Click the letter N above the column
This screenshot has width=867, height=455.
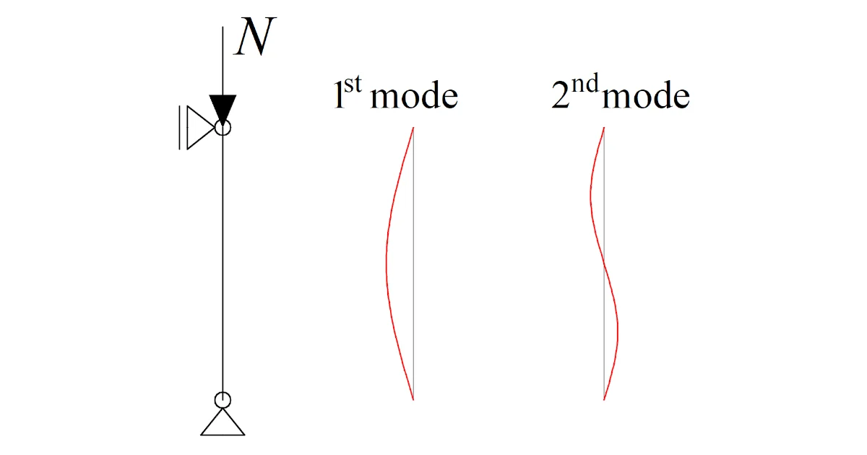[x=256, y=36]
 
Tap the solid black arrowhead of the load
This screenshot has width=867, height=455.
[x=223, y=108]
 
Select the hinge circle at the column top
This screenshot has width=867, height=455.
[x=223, y=127]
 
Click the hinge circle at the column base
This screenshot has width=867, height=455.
[x=223, y=400]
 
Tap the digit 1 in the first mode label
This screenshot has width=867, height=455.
[x=339, y=95]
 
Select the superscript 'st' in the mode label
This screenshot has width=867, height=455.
[x=353, y=84]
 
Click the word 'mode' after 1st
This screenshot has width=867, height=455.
[x=414, y=95]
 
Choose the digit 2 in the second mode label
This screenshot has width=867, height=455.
[x=561, y=95]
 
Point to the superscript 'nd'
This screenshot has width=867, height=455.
[x=585, y=83]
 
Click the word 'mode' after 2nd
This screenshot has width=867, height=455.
[x=646, y=95]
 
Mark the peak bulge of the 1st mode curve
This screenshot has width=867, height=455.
[x=387, y=263]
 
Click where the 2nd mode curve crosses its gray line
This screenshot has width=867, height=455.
[x=604, y=263]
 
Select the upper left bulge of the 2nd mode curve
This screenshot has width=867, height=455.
[x=591, y=196]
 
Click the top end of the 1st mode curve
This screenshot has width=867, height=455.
[x=413, y=127]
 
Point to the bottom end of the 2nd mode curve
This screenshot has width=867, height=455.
[x=604, y=399]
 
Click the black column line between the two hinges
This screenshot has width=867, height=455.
[x=223, y=264]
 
